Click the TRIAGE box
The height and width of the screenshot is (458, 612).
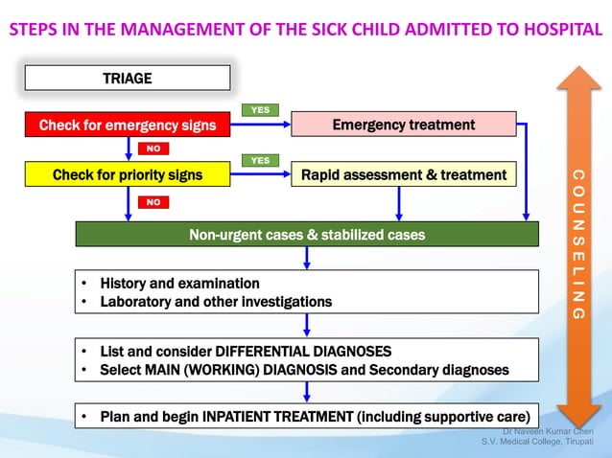(x=127, y=78)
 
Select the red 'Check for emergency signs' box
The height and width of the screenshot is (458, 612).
(x=127, y=125)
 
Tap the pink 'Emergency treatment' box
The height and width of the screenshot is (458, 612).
(x=403, y=125)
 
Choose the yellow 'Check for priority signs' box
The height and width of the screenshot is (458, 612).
(x=127, y=174)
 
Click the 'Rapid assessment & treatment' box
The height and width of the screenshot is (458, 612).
(x=403, y=174)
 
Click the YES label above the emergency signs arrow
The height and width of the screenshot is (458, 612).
(x=260, y=110)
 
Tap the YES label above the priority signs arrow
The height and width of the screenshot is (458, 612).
(x=260, y=160)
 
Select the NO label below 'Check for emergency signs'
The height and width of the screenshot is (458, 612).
(x=153, y=149)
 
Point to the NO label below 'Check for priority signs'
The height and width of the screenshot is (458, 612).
(x=153, y=202)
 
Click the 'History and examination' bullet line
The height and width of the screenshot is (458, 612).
(x=179, y=284)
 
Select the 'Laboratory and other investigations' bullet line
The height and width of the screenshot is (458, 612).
(x=216, y=302)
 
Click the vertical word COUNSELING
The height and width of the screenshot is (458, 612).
(x=577, y=244)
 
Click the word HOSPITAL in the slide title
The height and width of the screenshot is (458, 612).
(x=563, y=30)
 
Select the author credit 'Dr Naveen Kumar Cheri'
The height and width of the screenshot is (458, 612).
(x=548, y=431)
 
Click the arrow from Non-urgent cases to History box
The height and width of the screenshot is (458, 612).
(x=306, y=258)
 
